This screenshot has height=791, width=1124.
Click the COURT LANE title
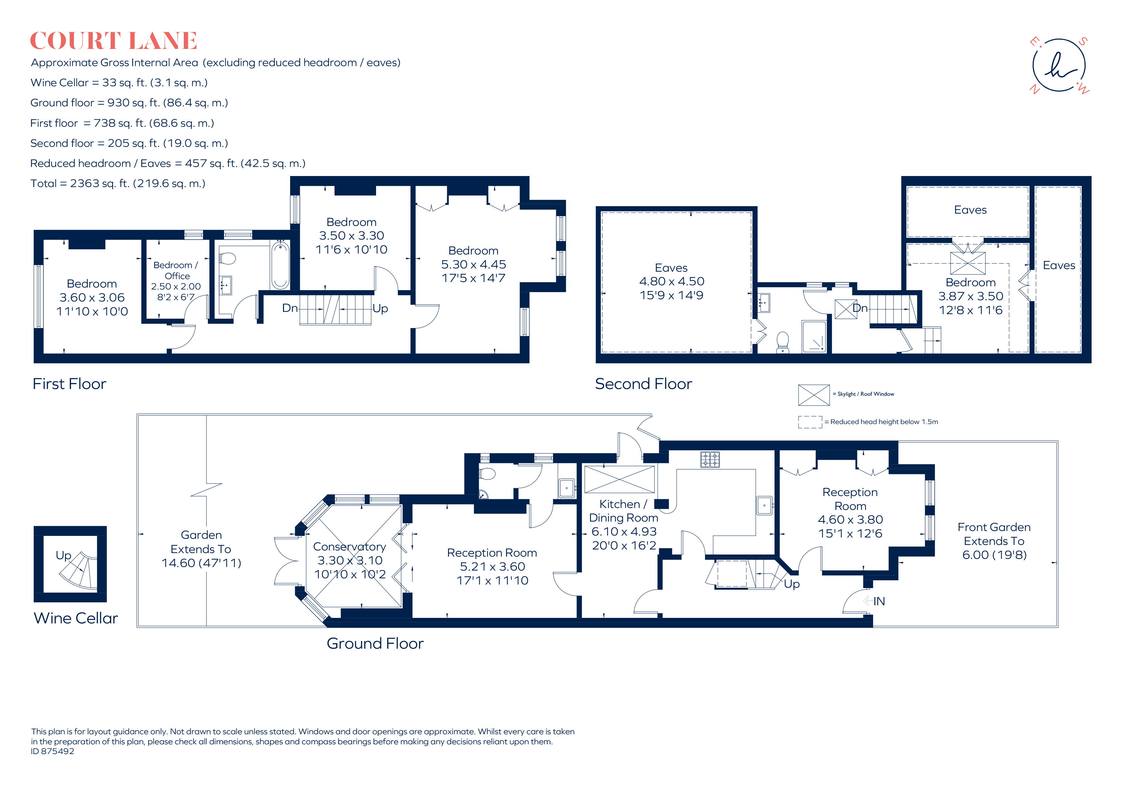click(113, 41)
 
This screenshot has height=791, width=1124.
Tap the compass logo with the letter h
click(1059, 65)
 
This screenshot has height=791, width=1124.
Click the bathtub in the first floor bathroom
click(280, 265)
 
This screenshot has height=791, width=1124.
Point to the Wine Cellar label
click(76, 618)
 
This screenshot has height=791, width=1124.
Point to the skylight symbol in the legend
click(814, 395)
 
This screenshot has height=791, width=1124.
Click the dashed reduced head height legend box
click(810, 422)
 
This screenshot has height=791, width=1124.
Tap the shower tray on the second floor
click(814, 336)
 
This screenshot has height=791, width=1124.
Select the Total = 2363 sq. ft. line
click(118, 183)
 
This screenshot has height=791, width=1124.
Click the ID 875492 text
click(53, 751)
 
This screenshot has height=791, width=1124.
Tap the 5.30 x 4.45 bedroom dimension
click(473, 264)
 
